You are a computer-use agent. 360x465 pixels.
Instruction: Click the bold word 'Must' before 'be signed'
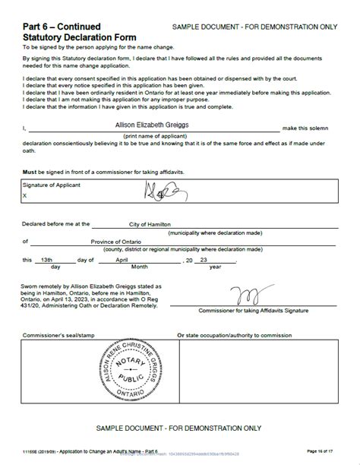(x=30, y=171)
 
